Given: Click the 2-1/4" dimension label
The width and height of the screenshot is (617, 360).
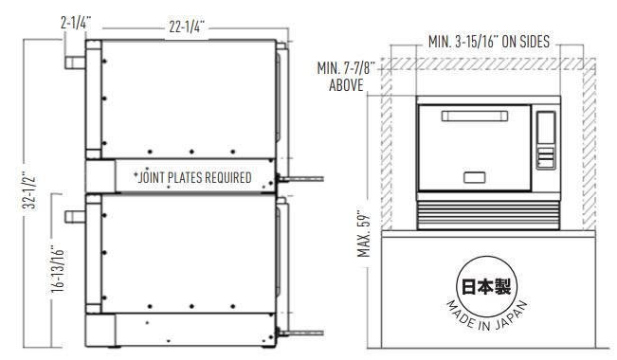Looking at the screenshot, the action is (76, 23).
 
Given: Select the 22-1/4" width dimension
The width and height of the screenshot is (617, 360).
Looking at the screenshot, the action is (187, 27).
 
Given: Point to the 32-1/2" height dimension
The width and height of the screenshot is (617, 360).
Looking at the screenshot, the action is (30, 190).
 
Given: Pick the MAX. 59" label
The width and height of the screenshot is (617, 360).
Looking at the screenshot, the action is (364, 235).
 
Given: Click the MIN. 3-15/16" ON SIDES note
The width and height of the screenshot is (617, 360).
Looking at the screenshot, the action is (489, 42).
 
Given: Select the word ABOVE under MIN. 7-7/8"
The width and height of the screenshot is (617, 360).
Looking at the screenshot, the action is (346, 85).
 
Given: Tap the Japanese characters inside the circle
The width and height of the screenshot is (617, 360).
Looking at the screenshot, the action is (486, 286).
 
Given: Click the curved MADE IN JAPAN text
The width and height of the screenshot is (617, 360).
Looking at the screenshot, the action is (486, 315).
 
